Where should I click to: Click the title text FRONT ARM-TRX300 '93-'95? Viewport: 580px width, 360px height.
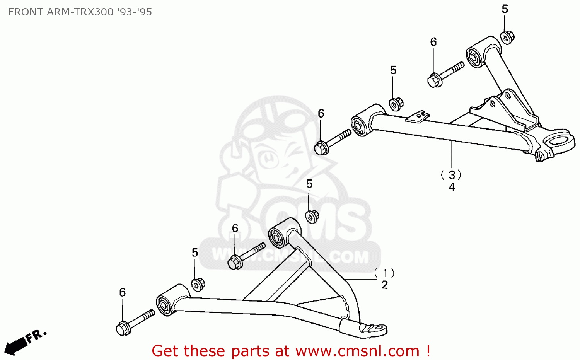(x=80, y=12)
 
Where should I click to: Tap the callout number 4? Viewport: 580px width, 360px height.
(x=452, y=187)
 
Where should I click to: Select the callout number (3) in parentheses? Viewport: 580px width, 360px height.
(x=451, y=175)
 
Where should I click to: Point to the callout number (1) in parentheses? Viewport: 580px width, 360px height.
(x=385, y=273)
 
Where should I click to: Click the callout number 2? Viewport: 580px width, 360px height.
(x=385, y=285)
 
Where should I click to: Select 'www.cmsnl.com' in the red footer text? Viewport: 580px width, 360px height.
(x=357, y=351)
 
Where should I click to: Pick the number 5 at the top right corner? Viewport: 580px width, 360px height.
(x=505, y=9)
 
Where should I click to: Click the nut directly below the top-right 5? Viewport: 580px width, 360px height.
(x=507, y=38)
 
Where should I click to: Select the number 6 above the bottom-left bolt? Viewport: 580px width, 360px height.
(x=122, y=292)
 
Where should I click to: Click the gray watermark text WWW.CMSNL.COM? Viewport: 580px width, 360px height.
(x=290, y=256)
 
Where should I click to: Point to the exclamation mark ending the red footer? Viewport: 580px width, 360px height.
(x=427, y=351)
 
